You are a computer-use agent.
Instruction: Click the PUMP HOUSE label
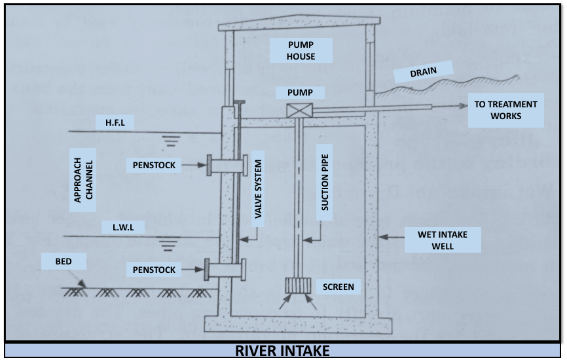coord(301,50)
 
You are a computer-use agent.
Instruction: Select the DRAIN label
coord(423,72)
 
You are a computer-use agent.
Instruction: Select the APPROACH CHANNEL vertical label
coord(84,179)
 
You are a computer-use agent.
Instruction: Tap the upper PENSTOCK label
coord(154,165)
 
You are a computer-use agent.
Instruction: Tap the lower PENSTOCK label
coord(154,268)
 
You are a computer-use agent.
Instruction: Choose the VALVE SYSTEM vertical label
coord(259,189)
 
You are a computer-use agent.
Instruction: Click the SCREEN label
coord(338,287)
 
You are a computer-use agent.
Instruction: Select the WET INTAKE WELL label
coord(442,240)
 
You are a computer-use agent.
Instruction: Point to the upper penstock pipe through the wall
coord(225,164)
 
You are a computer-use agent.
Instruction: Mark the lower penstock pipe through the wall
coord(225,268)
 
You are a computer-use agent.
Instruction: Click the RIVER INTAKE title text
coord(283,351)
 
